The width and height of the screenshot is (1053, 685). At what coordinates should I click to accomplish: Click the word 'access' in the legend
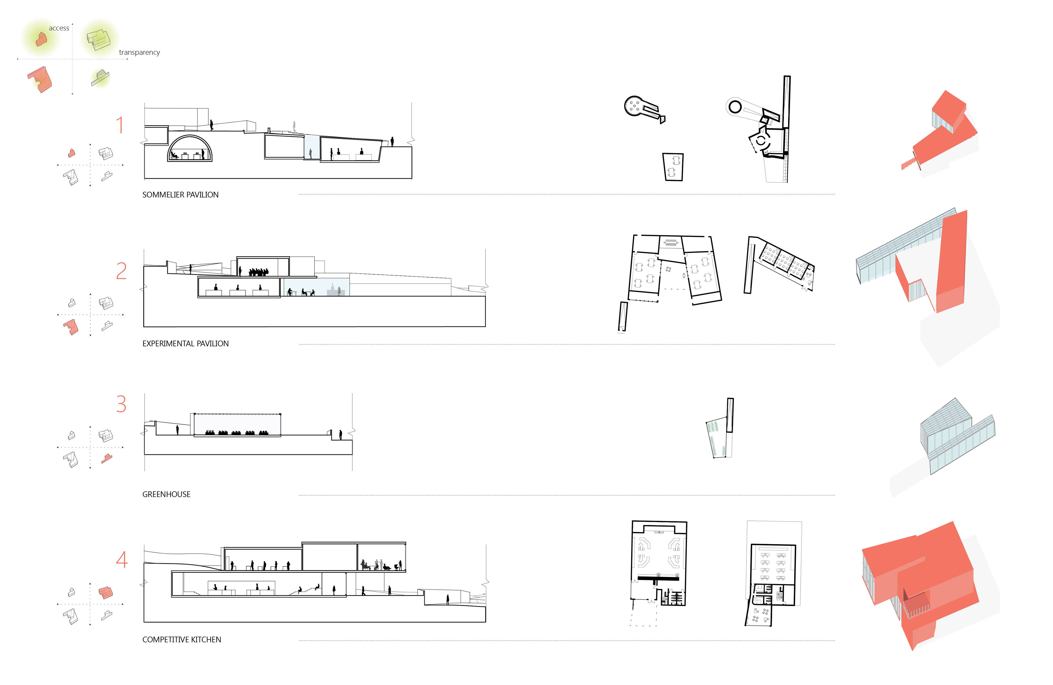59,28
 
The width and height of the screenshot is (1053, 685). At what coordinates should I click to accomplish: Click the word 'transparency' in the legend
139,52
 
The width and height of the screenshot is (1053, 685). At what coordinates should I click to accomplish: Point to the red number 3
121,404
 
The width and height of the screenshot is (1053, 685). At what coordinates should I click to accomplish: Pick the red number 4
122,559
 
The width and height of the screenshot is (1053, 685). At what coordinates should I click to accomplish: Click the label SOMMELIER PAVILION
180,195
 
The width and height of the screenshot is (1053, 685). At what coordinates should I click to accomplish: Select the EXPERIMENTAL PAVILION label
185,343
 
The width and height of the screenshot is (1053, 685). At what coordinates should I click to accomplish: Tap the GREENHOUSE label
166,494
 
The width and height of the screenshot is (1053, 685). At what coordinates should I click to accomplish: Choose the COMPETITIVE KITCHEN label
182,639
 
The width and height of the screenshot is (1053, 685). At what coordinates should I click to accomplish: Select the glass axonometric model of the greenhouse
958,436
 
